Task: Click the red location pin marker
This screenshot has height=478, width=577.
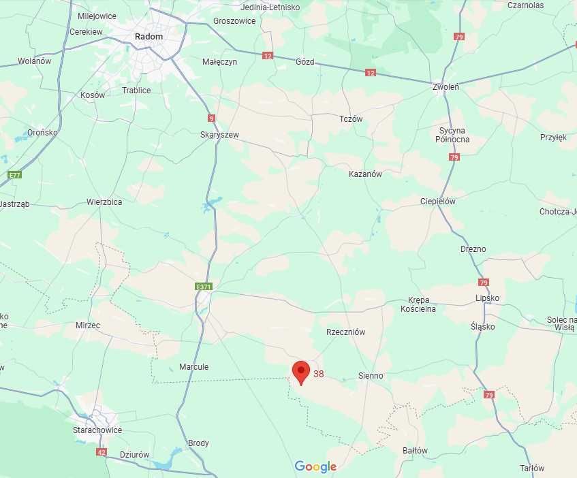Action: (301, 372)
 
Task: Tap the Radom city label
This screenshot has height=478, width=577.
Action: (149, 37)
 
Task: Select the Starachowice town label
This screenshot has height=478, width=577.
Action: (97, 430)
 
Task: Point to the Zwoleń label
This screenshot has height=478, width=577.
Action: (446, 87)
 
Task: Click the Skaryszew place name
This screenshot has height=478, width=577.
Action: (219, 135)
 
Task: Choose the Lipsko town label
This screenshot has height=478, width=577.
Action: (487, 298)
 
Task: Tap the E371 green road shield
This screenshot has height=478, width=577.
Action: (204, 287)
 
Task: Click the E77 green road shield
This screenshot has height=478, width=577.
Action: (14, 175)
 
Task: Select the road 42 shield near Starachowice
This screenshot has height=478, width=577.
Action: (102, 451)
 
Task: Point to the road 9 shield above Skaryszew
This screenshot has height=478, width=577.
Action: (211, 118)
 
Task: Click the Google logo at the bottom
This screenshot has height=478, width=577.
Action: (315, 466)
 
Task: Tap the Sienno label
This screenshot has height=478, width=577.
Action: (371, 376)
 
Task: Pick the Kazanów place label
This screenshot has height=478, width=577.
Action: (365, 174)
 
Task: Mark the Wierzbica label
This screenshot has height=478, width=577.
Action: (104, 202)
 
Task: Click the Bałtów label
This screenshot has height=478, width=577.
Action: (415, 451)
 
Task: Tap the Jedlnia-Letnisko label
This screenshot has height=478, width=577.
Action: (270, 7)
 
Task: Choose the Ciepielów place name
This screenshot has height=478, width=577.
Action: (438, 202)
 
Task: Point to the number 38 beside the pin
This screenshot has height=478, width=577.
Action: (319, 374)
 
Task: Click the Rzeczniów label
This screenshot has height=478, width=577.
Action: (346, 332)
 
